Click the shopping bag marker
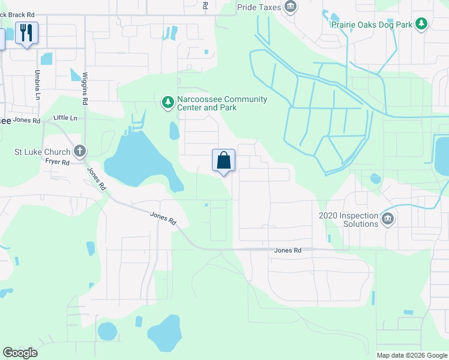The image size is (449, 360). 223,161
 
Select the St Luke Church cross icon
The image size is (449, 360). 79,152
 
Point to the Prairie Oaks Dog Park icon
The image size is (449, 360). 422,24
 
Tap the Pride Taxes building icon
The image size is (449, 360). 291,7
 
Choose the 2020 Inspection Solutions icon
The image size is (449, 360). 388,219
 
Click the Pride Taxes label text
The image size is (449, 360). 259,7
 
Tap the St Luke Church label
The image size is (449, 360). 42,152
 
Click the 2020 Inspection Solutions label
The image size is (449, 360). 349,220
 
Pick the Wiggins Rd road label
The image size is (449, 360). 85,89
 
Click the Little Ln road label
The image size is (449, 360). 65,118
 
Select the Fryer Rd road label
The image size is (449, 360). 58,163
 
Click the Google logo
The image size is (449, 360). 20,353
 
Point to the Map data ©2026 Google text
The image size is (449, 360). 412,355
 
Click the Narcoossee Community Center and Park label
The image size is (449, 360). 223,103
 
